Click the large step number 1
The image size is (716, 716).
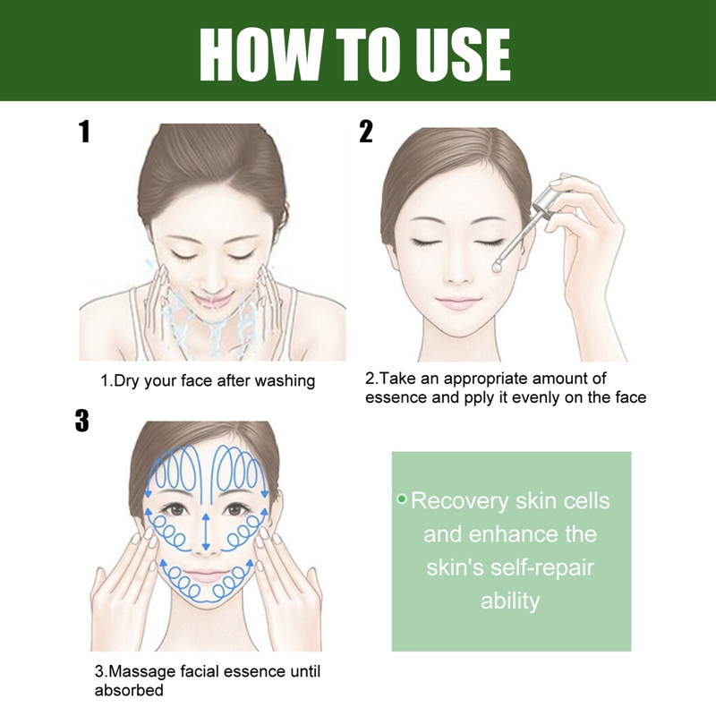click(84, 132)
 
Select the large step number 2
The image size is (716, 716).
click(365, 132)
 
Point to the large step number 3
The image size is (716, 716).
click(82, 421)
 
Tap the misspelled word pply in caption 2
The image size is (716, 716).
click(482, 397)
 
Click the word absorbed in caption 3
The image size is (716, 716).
click(129, 690)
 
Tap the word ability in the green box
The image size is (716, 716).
click(510, 601)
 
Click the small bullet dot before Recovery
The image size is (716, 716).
click(402, 498)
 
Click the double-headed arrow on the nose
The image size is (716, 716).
click(207, 531)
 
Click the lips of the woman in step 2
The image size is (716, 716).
click(457, 303)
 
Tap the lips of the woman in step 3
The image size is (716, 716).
click(207, 574)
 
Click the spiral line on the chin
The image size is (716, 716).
click(207, 594)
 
